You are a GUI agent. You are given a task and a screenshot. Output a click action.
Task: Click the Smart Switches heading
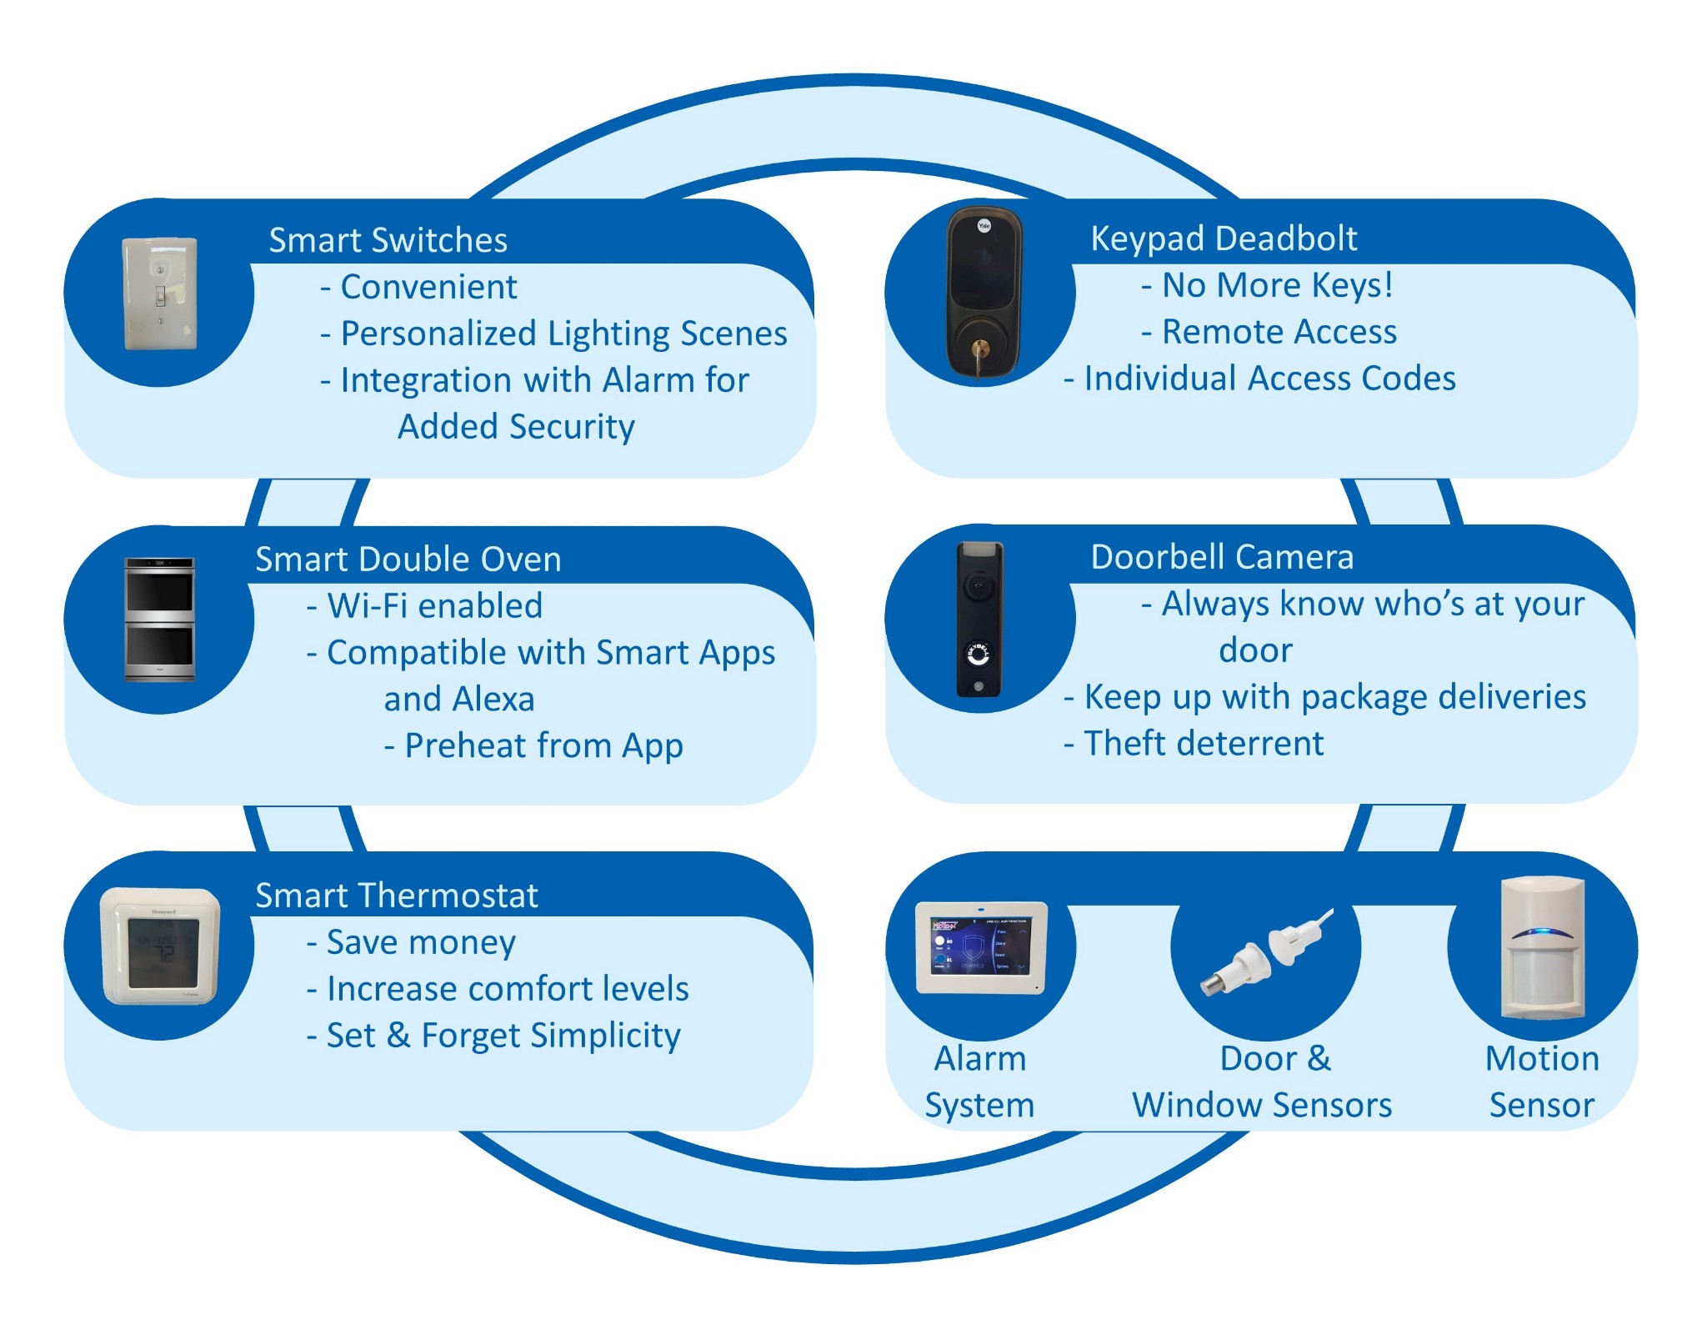click(388, 240)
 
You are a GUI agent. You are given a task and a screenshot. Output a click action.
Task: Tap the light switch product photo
click(160, 294)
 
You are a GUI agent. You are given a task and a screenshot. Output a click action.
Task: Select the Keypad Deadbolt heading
click(1224, 238)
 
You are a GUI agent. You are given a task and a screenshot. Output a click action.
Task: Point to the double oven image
click(159, 619)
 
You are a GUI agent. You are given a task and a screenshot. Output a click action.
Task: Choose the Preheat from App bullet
click(534, 745)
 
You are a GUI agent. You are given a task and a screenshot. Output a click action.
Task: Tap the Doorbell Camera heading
click(1222, 557)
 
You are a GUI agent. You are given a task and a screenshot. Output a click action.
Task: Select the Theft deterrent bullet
click(1194, 743)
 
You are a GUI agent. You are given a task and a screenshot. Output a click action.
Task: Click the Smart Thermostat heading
click(396, 896)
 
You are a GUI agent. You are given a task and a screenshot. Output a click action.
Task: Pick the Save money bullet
click(412, 942)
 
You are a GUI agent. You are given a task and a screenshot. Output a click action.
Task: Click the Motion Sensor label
click(1541, 1082)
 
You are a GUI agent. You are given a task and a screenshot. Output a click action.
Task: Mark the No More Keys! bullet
click(1268, 285)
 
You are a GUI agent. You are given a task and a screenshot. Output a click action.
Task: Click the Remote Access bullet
click(1269, 332)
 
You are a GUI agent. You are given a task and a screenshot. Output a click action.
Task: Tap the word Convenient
click(428, 287)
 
